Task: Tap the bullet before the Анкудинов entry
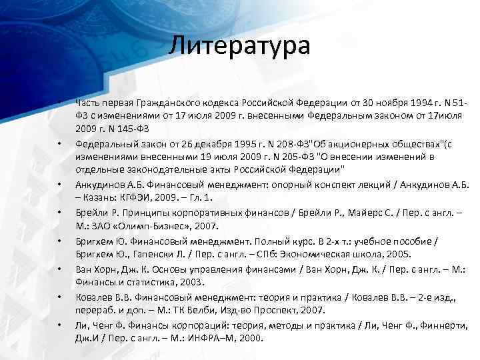tap(59, 184)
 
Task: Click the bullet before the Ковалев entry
tap(59, 297)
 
